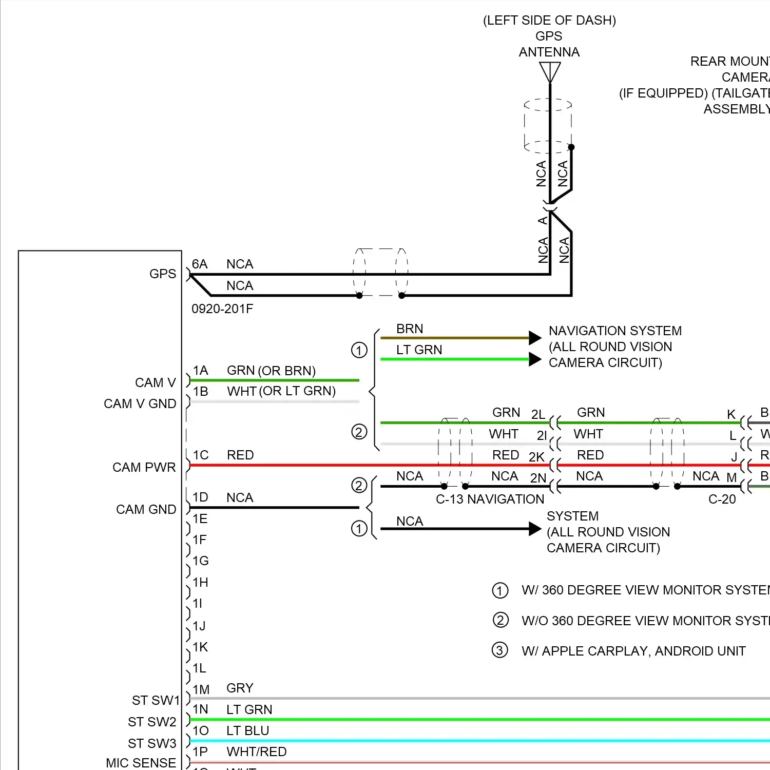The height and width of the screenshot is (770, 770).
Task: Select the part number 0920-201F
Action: pos(222,309)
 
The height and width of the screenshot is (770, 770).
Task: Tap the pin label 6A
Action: pos(200,264)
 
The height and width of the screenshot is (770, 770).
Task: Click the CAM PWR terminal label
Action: pos(144,468)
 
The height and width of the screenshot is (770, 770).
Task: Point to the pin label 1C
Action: pos(201,455)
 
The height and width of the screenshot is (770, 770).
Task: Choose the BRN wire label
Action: pos(410,329)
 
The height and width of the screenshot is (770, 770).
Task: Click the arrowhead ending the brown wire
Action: pos(535,338)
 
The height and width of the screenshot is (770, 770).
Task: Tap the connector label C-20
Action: pos(722,499)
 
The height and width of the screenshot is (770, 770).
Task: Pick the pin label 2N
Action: pos(538,478)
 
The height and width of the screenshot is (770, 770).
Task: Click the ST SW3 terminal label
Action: pos(152,743)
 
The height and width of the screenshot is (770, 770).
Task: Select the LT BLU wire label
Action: pos(248,731)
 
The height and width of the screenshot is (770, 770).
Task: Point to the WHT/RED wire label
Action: pos(257,752)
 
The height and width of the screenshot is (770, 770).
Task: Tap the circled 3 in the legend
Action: pos(500,650)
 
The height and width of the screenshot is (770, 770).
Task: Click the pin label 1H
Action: pos(200,583)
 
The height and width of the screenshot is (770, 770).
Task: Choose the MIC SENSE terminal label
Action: pos(141,763)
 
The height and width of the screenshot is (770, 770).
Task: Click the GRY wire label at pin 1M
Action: pos(240,688)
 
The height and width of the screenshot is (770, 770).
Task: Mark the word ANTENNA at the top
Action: pos(549,52)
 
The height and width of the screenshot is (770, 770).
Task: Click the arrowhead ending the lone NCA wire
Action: pos(535,529)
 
